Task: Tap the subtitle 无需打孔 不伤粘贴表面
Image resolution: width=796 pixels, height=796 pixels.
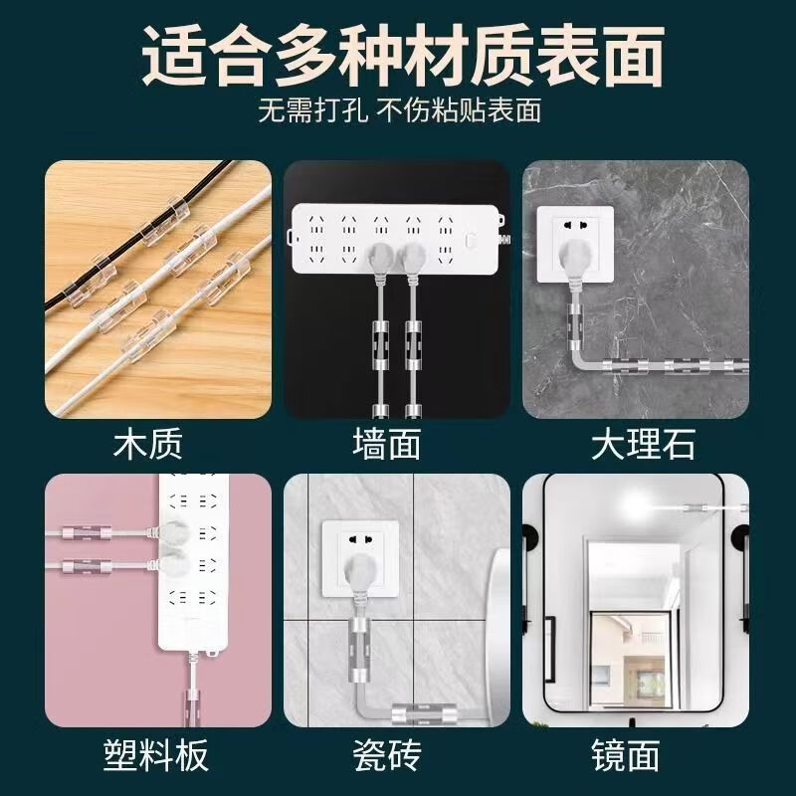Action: pyautogui.click(x=399, y=109)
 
